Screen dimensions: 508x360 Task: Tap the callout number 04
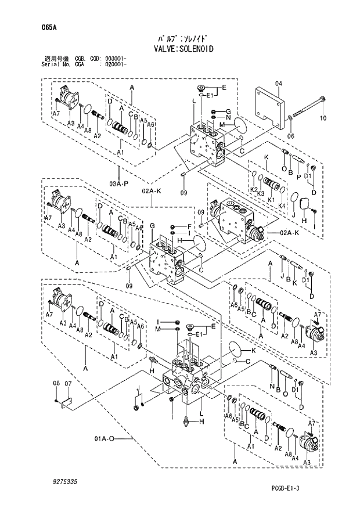(278, 84)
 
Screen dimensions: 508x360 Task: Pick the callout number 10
(323, 118)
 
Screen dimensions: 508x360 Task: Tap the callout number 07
(68, 384)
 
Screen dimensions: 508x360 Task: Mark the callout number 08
(56, 384)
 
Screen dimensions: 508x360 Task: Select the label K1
(270, 199)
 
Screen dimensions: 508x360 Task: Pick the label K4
(282, 206)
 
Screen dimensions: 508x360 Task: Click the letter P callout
(298, 176)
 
